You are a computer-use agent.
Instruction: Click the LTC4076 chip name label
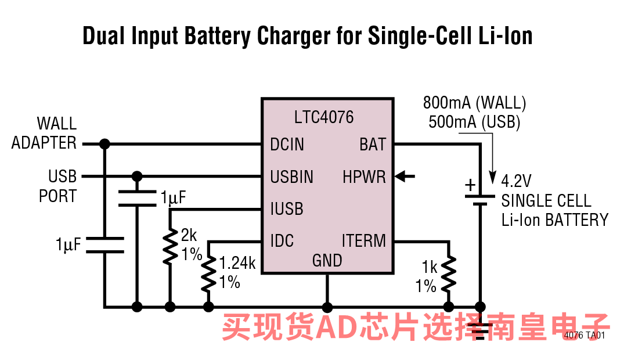coord(324,117)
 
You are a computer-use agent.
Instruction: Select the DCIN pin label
coord(287,144)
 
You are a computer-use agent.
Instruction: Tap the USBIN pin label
coord(291,177)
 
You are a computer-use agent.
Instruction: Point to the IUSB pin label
coord(286,208)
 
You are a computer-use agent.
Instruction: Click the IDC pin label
coord(282,240)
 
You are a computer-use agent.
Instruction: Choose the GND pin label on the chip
coord(327,261)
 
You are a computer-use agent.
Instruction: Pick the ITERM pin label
coord(364,240)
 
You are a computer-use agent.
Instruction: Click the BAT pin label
coord(373,144)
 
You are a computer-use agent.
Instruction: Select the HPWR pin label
coord(364,177)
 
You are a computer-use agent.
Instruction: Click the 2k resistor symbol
coord(170,247)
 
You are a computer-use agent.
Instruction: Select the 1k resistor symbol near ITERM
coord(448,275)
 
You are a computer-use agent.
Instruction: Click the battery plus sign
coord(470,186)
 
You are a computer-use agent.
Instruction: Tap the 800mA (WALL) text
coord(474,103)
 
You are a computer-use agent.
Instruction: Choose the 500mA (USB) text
coord(474,123)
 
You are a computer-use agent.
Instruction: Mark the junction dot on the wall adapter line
coord(104,144)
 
